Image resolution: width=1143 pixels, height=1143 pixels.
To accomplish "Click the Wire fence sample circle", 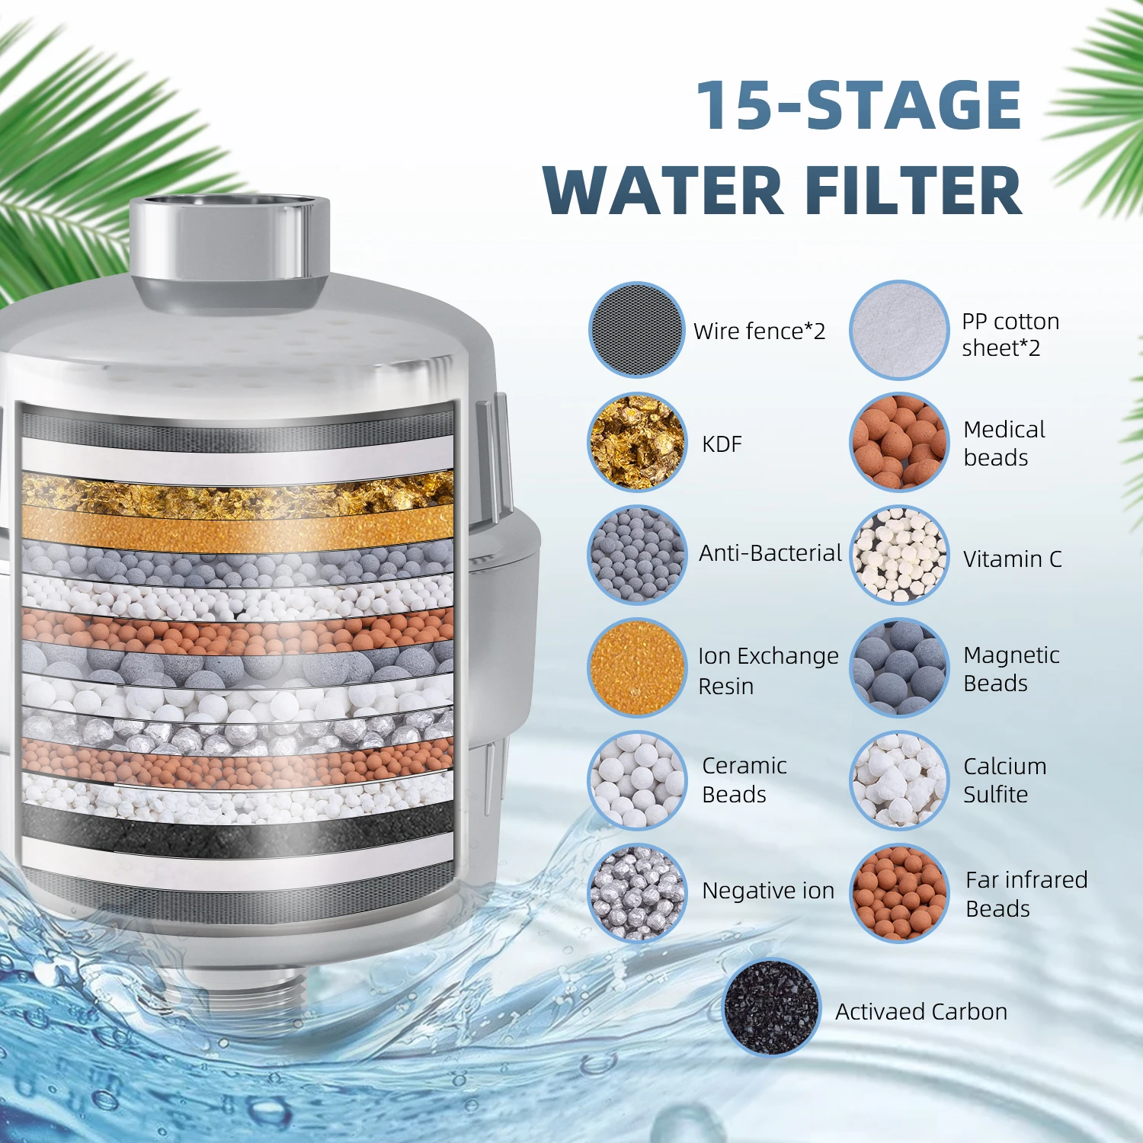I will click(636, 329).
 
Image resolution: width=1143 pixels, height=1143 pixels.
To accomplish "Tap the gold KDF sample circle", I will click(636, 442).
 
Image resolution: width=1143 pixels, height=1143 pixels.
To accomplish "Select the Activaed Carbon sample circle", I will click(771, 1007).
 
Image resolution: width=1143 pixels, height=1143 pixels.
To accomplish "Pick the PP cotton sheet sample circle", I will click(898, 329).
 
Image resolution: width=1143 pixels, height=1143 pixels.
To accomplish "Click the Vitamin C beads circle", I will click(898, 555).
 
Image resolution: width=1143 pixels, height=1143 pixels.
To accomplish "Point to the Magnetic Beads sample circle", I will click(898, 668).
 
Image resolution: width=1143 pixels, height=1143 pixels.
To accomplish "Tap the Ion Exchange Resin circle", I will click(636, 668).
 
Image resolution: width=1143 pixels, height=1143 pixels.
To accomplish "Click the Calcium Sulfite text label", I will click(1004, 780).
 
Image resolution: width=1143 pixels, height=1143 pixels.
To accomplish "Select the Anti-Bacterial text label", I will click(770, 553).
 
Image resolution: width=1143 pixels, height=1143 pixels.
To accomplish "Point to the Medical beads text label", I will click(1004, 443).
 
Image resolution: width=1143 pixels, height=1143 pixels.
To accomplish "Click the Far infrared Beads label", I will click(1026, 894).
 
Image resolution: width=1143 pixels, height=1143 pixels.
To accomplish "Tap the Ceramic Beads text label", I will click(744, 780).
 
